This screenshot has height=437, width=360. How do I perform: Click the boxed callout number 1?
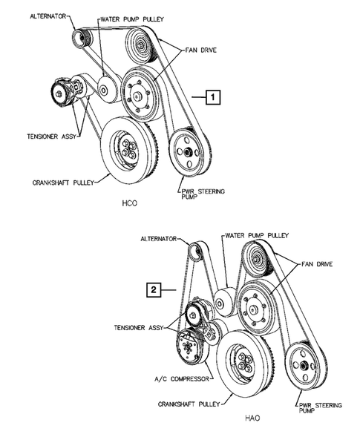tap(213, 96)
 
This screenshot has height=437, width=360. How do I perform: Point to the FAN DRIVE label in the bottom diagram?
tap(315, 263)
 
